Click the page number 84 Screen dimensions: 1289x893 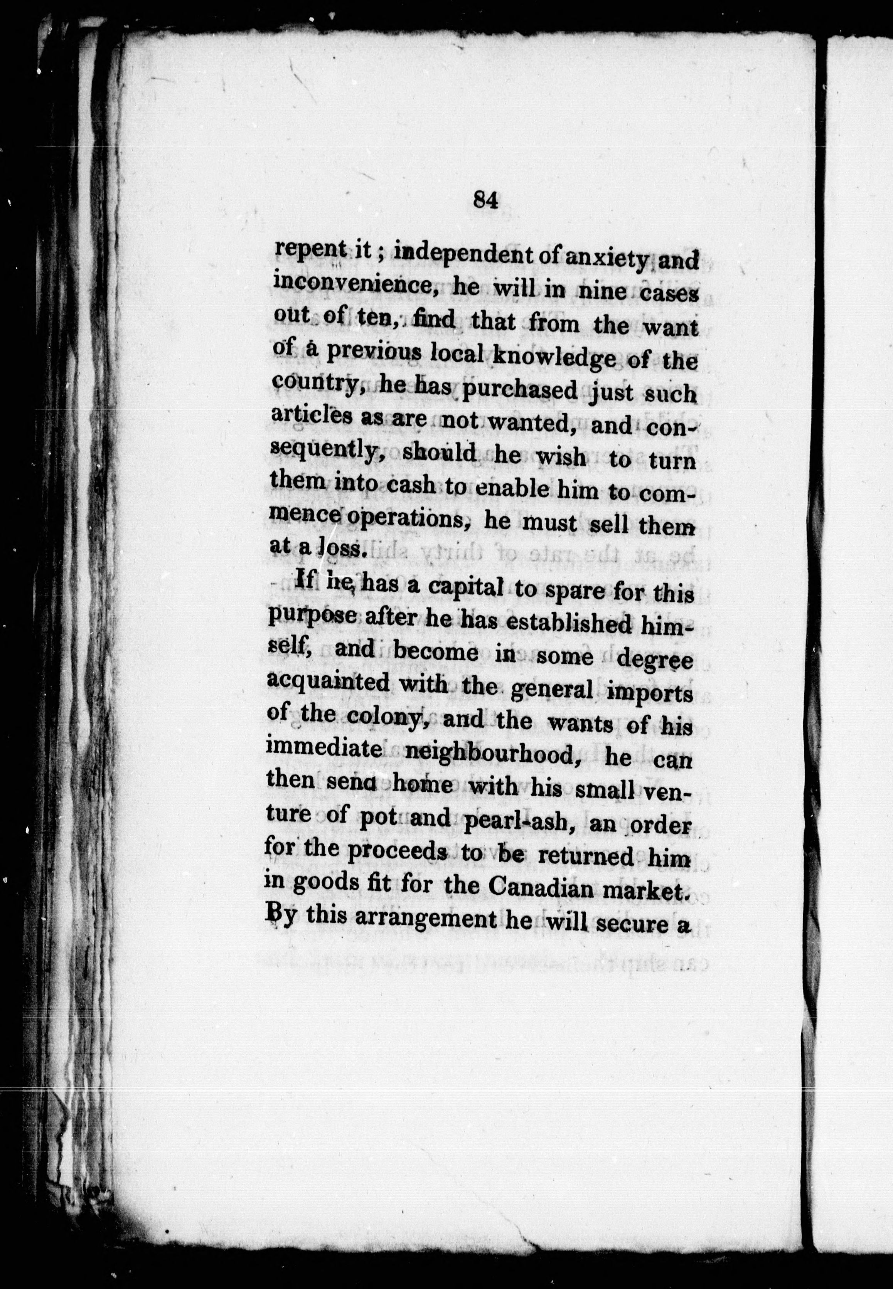[485, 200]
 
